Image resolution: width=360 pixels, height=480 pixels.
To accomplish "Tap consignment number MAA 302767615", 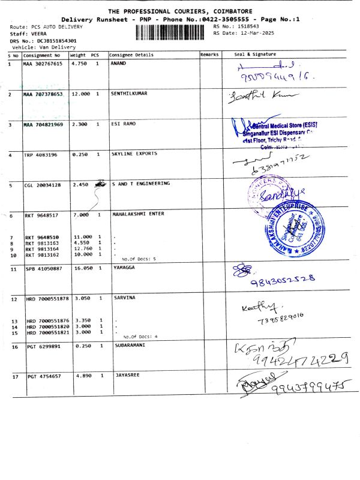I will (x=43, y=64).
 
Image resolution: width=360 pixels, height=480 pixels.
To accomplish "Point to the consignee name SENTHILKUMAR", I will (x=129, y=94).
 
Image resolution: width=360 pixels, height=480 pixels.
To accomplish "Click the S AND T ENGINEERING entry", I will (x=140, y=184).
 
